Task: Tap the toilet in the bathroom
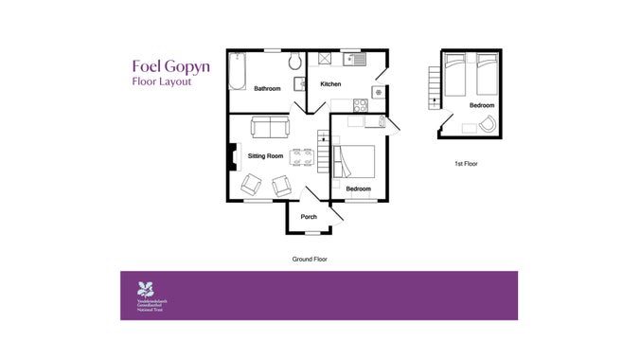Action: coord(295,63)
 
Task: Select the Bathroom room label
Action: coord(267,89)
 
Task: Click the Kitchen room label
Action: coord(330,84)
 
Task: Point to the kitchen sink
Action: coord(355,59)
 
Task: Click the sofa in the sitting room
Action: coord(270,127)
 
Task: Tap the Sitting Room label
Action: coord(266,155)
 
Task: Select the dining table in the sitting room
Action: coord(301,156)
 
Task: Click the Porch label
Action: coord(309,217)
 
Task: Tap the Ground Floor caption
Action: coord(310,259)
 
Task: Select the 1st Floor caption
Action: coord(465,164)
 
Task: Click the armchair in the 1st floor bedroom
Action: coord(487,125)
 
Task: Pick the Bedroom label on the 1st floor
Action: coord(482,105)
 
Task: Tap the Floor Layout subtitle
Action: coord(161,82)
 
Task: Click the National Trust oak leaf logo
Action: coord(145,288)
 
